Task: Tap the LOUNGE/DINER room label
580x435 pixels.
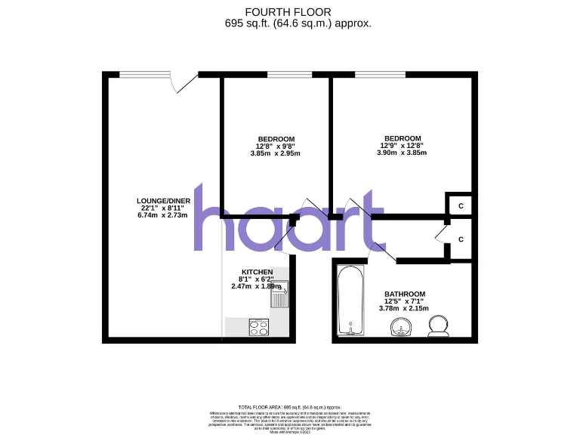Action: pos(159,200)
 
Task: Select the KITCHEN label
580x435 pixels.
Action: pos(257,272)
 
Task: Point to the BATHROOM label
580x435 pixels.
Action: pos(405,294)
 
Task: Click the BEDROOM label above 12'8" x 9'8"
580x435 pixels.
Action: pos(276,139)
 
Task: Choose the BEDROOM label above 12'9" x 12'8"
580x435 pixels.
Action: pos(402,138)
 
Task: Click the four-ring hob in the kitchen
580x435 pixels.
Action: pos(260,327)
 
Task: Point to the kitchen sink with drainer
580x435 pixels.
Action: pos(280,295)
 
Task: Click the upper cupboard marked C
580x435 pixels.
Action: pos(459,204)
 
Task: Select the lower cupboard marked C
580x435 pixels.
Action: pos(459,239)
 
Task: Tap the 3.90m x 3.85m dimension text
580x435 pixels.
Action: pos(402,153)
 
